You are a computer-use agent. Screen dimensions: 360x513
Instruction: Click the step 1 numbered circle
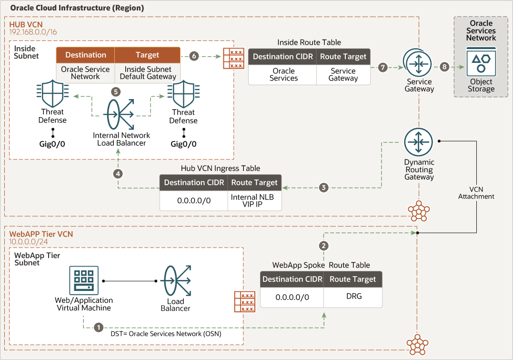pyautogui.click(x=99, y=327)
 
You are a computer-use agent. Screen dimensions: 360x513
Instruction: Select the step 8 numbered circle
pyautogui.click(x=444, y=67)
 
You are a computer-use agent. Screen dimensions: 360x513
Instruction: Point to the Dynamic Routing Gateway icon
pyautogui.click(x=418, y=142)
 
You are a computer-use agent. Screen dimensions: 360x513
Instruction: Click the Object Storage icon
pyautogui.click(x=481, y=62)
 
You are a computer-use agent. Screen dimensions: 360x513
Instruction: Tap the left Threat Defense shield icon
pyautogui.click(x=52, y=93)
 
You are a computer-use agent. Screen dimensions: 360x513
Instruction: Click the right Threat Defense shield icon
pyautogui.click(x=183, y=94)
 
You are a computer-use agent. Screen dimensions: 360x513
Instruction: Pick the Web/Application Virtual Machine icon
pyautogui.click(x=84, y=280)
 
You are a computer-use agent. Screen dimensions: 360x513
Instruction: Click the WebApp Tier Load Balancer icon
pyautogui.click(x=176, y=281)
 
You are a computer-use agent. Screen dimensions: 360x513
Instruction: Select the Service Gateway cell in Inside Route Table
pyautogui.click(x=343, y=75)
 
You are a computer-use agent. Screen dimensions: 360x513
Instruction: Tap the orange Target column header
pyautogui.click(x=147, y=55)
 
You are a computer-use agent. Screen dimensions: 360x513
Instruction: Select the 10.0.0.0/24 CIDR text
pyautogui.click(x=28, y=242)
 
